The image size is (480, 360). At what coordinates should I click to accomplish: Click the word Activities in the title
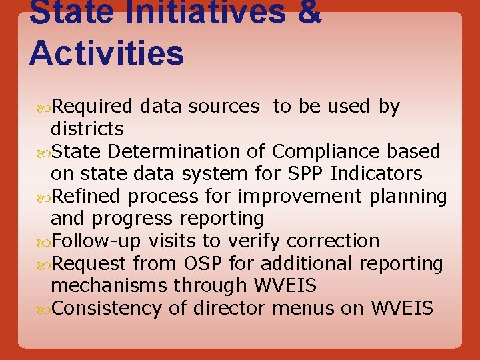pos(106,53)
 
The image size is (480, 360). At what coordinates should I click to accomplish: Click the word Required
pos(93,107)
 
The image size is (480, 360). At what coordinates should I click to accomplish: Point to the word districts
pos(87,129)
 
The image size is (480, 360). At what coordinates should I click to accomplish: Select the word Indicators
pos(376,174)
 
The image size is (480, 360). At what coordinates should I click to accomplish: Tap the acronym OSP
pos(206,264)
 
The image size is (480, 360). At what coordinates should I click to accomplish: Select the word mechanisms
pos(109,286)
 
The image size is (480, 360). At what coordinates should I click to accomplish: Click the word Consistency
pos(107,309)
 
